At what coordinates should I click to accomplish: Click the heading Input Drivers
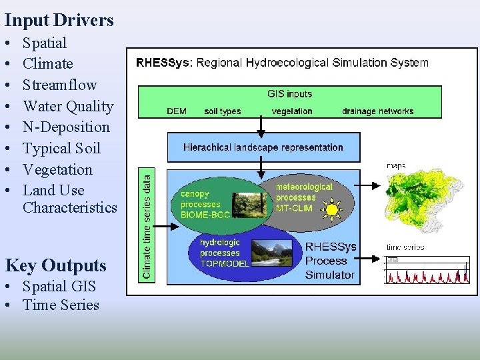click(59, 20)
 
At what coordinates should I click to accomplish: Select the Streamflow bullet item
click(60, 85)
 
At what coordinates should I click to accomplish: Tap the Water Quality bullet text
click(68, 106)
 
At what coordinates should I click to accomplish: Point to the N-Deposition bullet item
click(66, 127)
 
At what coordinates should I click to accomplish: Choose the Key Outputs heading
click(56, 265)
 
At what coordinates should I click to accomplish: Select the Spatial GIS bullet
click(59, 287)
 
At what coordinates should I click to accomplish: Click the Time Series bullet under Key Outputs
click(61, 305)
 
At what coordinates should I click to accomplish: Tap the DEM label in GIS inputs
click(176, 111)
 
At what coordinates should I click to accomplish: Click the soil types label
click(223, 111)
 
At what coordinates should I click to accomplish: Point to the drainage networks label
click(377, 111)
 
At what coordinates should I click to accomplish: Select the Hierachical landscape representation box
click(263, 147)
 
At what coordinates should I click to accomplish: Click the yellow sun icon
click(331, 210)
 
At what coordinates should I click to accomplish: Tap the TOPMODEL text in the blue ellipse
click(225, 263)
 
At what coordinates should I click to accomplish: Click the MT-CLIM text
click(294, 208)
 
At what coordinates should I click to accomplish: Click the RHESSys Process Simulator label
click(330, 261)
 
